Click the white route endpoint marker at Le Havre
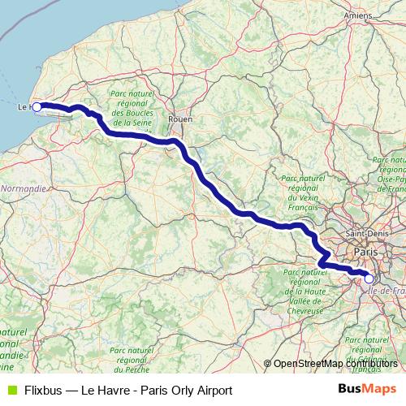pyautogui.click(x=37, y=106)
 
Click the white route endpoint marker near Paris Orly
pyautogui.click(x=369, y=279)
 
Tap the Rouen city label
pyautogui.click(x=179, y=119)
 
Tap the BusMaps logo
pyautogui.click(x=366, y=390)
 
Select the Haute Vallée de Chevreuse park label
pyautogui.click(x=300, y=292)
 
